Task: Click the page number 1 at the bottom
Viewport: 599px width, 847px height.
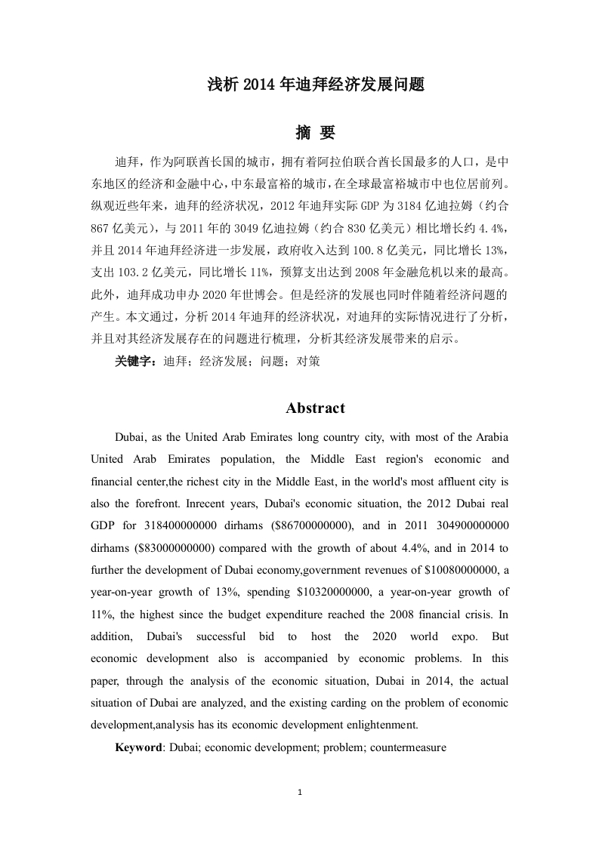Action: (300, 793)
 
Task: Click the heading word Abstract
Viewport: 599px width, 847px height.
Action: (315, 408)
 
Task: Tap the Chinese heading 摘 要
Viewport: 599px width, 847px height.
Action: (315, 133)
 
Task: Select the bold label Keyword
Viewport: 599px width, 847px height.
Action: (138, 748)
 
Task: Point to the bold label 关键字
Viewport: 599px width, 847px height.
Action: (135, 362)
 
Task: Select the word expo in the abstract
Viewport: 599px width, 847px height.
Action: (462, 636)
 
